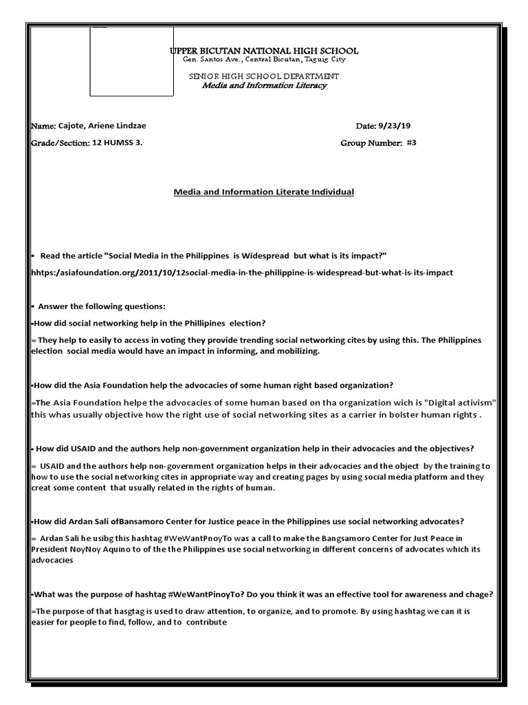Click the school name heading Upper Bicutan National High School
click(x=264, y=52)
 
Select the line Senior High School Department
click(x=264, y=76)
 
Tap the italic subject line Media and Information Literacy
click(x=264, y=85)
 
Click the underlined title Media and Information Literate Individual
click(x=263, y=192)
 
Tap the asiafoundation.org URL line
click(x=242, y=273)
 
